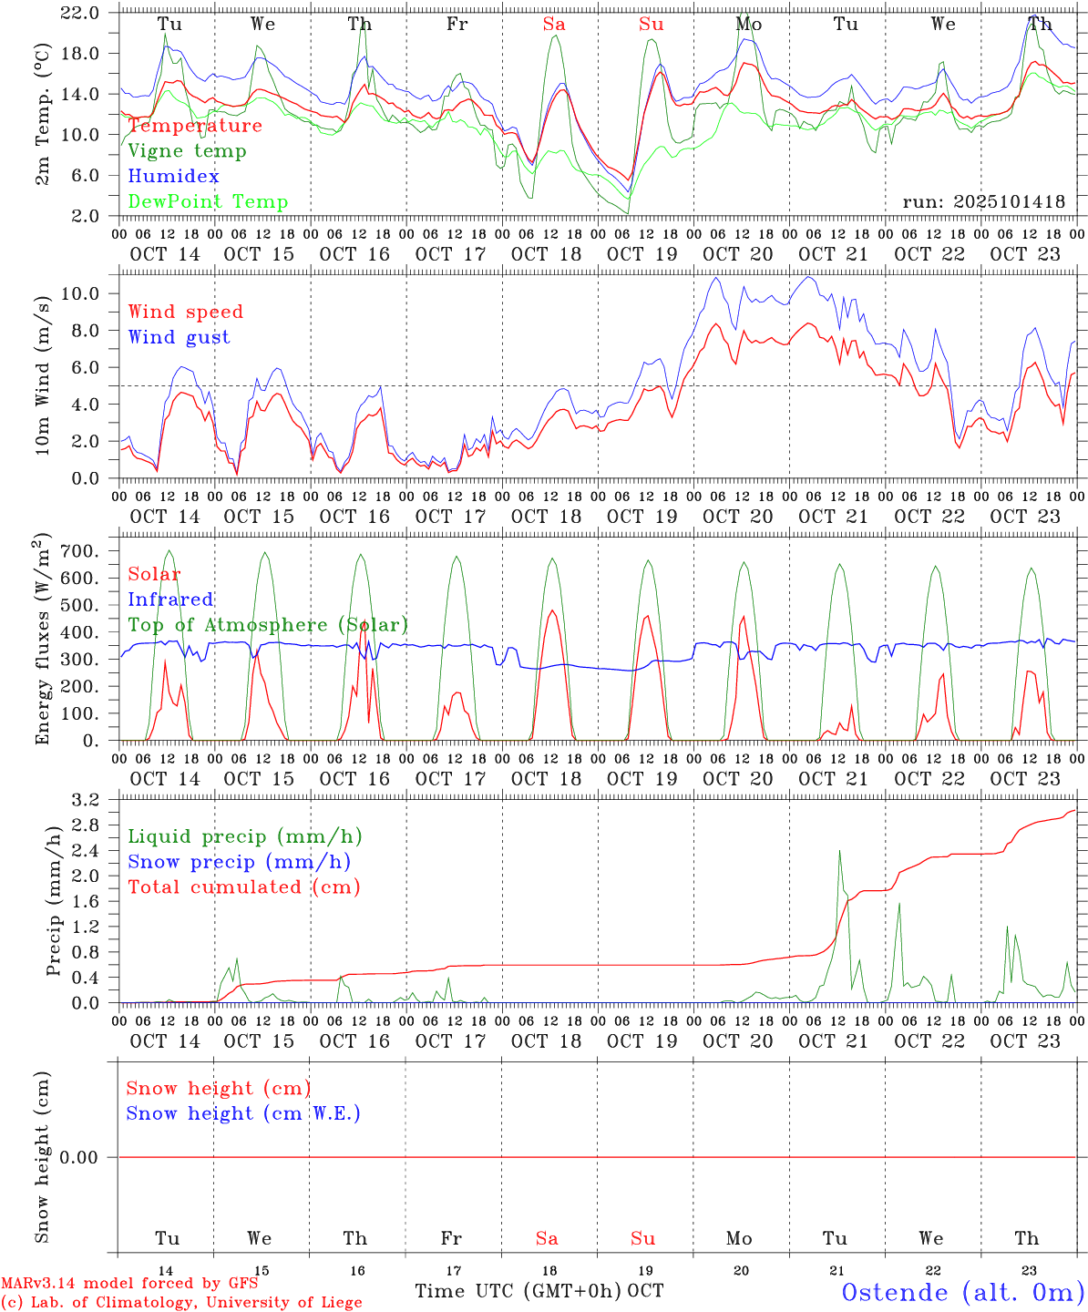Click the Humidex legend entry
coord(173,176)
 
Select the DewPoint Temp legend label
coord(208,201)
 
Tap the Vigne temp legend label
coord(187,150)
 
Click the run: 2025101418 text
coord(983,201)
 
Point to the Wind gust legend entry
coord(179,337)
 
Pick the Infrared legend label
coord(170,600)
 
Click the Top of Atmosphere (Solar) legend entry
coord(268,625)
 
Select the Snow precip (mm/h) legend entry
coord(239,862)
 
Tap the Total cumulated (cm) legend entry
coord(243,887)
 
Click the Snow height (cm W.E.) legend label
coord(243,1113)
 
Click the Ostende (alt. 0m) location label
coord(962,1292)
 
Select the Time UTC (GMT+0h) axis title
coord(518,1291)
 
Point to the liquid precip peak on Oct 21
coord(839,851)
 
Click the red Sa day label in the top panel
coord(554,25)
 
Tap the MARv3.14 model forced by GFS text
coord(129,1284)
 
